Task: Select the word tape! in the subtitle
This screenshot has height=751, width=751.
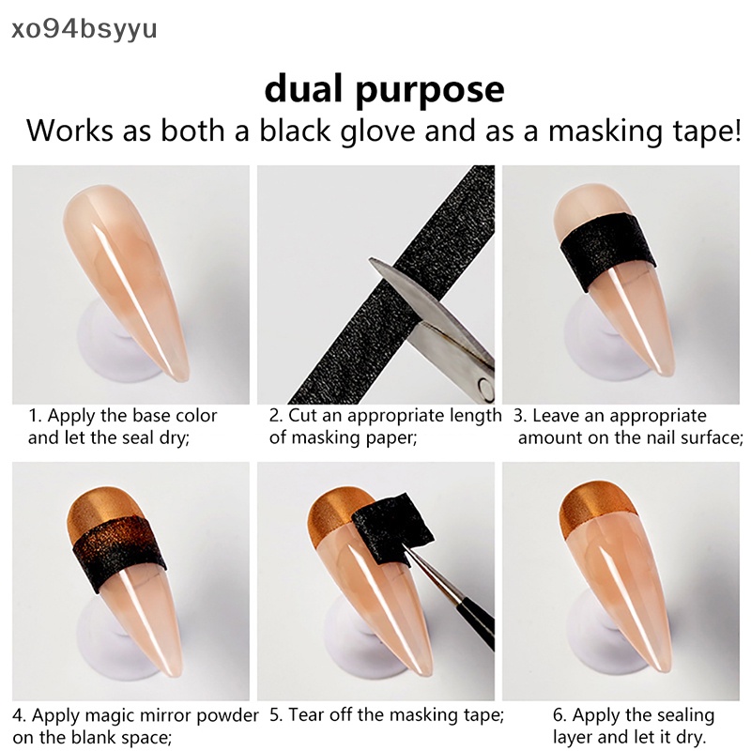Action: (699, 130)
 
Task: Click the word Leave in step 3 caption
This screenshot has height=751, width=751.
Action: (558, 416)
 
